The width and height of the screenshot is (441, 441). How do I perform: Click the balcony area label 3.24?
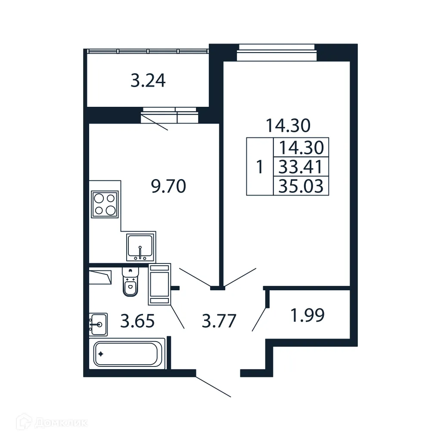[148, 81]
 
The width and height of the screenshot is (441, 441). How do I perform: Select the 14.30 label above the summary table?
[288, 126]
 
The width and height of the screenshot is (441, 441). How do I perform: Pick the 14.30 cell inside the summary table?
[301, 148]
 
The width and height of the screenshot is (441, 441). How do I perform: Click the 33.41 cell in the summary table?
[301, 167]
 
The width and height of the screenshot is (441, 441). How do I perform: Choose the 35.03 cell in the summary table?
[301, 186]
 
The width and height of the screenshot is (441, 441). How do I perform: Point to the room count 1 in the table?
[259, 167]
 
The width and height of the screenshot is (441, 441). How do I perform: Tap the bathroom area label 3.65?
[137, 321]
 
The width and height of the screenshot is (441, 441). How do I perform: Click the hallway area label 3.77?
[219, 321]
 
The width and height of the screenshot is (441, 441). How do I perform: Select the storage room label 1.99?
[307, 316]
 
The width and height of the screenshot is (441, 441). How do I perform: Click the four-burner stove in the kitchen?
[105, 204]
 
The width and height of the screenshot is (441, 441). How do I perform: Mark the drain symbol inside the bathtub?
[101, 354]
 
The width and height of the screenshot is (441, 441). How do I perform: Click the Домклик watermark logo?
[54, 422]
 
